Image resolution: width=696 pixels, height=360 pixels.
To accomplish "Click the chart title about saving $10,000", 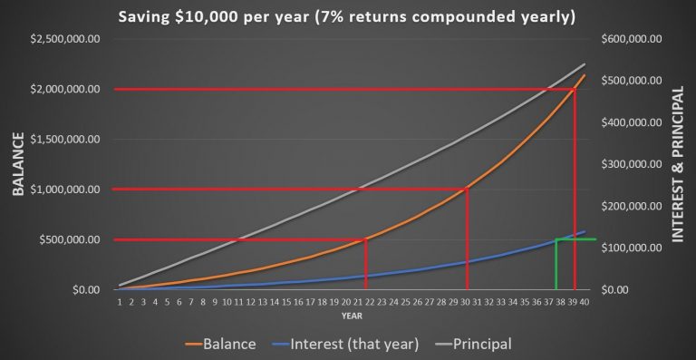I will pos(347,15).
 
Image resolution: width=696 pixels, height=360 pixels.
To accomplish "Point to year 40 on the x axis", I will pos(585,303).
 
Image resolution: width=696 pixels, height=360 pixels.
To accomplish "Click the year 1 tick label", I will pos(119,303).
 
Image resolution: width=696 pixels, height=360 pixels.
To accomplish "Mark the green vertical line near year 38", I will pos(556,265).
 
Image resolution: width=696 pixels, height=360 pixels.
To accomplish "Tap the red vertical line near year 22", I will pos(365,265).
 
